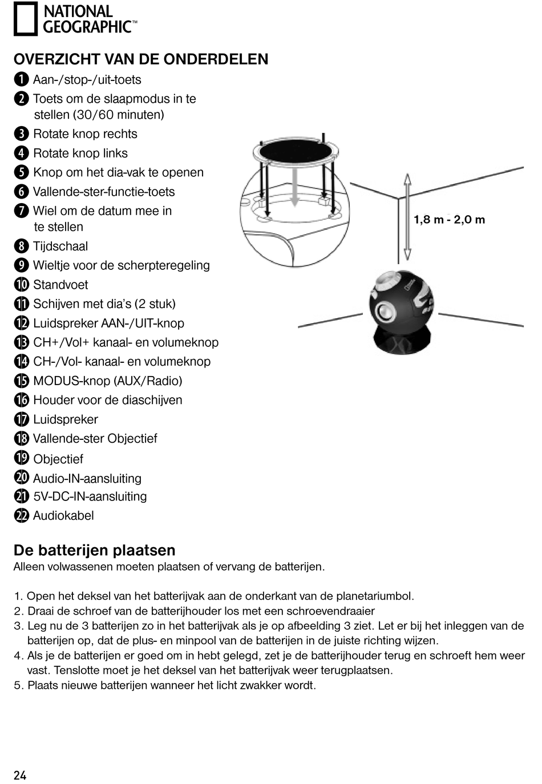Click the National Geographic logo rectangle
click(x=25, y=19)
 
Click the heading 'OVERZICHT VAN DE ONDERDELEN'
click(x=141, y=59)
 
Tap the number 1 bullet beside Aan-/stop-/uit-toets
click(x=21, y=79)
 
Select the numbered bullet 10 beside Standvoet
click(x=21, y=284)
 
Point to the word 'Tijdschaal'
click(x=60, y=246)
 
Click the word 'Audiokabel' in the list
click(x=63, y=515)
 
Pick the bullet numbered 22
click(x=21, y=515)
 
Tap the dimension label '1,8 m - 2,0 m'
click(x=449, y=220)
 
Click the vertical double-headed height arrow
click(x=407, y=217)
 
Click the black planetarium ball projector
click(x=401, y=300)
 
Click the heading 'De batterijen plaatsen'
click(x=94, y=550)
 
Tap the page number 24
click(x=20, y=775)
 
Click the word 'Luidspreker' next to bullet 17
click(x=66, y=419)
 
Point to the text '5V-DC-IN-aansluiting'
click(x=90, y=496)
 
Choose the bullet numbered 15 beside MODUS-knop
click(x=21, y=381)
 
